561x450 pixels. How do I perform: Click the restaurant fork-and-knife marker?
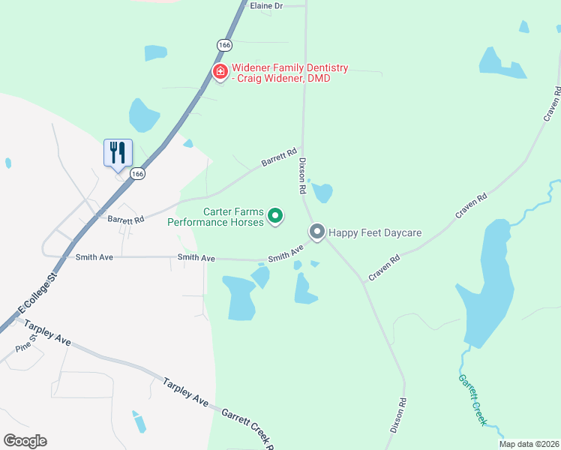point(118,153)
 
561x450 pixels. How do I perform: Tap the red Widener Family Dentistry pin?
point(220,72)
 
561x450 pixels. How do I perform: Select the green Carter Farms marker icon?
point(275,217)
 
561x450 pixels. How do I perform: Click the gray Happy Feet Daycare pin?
point(317,232)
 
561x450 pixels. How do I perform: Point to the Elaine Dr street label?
point(266,5)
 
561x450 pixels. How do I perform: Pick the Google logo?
point(25,441)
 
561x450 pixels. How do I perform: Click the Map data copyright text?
point(529,444)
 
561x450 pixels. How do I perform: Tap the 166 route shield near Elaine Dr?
point(224,45)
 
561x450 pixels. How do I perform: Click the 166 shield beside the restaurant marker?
point(136,173)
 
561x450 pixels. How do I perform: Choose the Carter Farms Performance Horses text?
point(215,217)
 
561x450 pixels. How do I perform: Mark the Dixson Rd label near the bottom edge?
point(397,415)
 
